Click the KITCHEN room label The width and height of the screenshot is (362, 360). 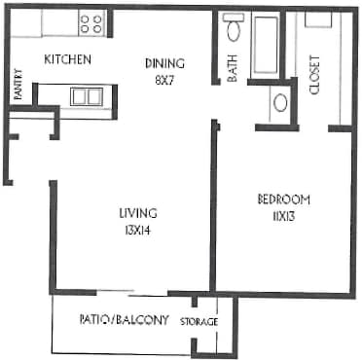pos(68,60)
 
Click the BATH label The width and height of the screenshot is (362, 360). pos(232,71)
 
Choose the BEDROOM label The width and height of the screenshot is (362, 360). pos(283,199)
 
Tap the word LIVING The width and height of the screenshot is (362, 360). pos(137,212)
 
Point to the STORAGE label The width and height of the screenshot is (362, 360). pos(199,322)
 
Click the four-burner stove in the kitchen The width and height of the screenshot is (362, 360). pos(90,23)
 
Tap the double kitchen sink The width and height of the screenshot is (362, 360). pos(86,95)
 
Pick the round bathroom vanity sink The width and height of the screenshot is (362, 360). pos(280,101)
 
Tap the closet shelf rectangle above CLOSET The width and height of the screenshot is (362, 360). pos(317,19)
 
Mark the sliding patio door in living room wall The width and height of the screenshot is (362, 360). pos(132,292)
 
